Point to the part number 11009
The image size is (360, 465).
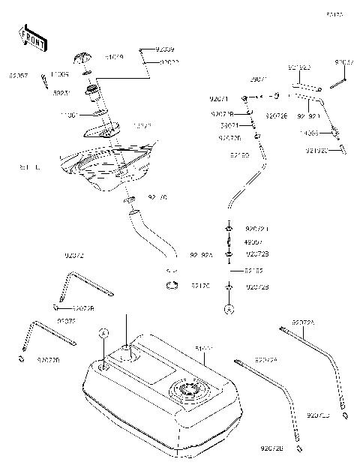point(60,75)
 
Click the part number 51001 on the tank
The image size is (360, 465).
point(203,349)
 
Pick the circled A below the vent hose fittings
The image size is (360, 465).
point(229,307)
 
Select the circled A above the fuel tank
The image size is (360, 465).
point(104,331)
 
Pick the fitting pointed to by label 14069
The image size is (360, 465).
point(335,134)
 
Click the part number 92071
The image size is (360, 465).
point(219,98)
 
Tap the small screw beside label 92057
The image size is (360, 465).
point(43,81)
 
